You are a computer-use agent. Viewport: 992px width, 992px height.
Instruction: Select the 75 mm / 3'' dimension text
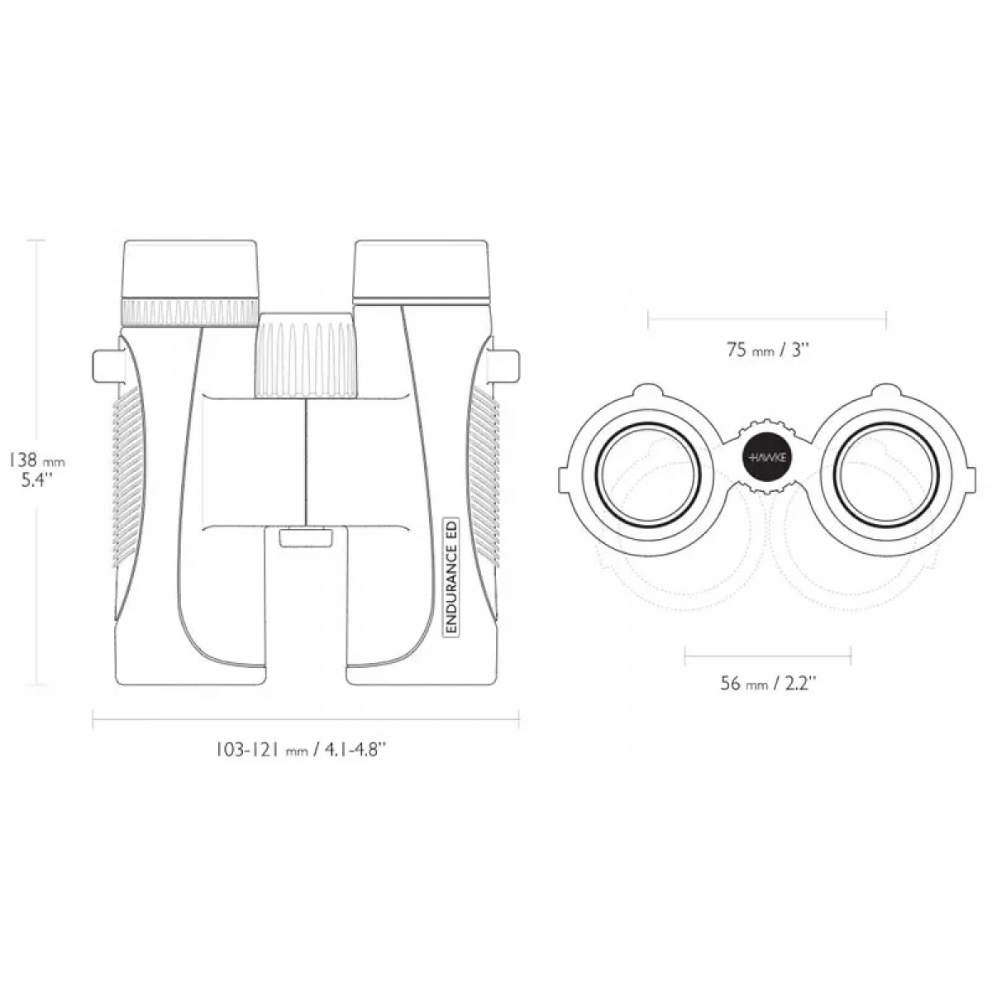point(767,351)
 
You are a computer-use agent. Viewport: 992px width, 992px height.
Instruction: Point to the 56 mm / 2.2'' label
point(767,684)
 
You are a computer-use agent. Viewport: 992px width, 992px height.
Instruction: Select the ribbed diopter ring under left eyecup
point(189,312)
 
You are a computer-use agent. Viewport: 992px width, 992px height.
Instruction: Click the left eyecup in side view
point(189,269)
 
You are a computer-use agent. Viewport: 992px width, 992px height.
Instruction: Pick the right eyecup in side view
point(421,270)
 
